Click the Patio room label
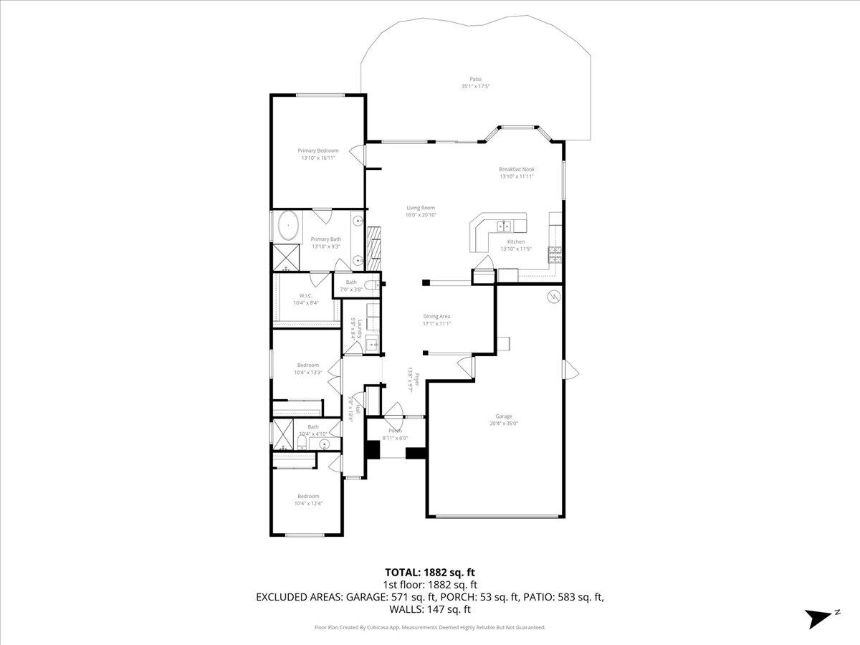(475, 80)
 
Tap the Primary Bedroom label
(318, 150)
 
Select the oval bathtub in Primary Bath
(288, 226)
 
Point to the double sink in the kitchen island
(505, 226)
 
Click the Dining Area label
(436, 316)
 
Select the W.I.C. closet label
(306, 295)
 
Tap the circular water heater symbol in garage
(553, 297)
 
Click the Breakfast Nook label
(517, 169)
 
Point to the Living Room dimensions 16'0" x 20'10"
(421, 214)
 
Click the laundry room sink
(371, 345)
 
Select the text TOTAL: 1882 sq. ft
(430, 572)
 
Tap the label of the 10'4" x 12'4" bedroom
(308, 496)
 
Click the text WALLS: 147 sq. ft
(430, 610)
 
